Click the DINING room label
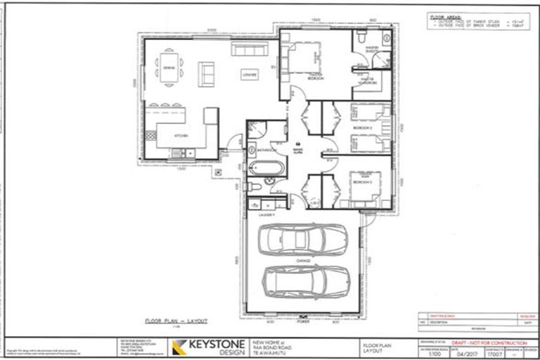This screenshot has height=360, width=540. click(169, 67)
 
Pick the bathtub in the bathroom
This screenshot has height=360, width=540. click(267, 169)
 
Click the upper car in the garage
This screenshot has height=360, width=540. click(302, 240)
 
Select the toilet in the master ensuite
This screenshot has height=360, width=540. click(360, 44)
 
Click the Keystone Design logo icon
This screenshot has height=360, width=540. click(179, 346)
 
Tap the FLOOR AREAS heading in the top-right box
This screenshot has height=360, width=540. click(444, 16)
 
